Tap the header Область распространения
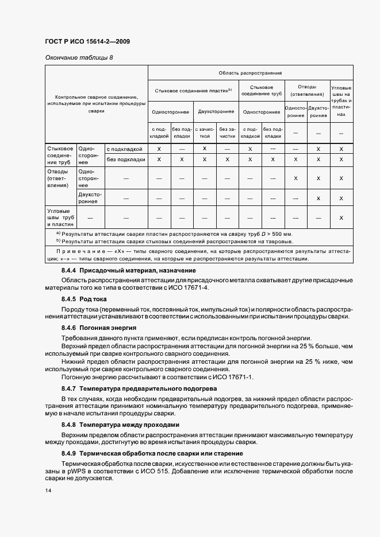pyautogui.click(x=250, y=73)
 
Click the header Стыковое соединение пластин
pyautogui.click(x=193, y=90)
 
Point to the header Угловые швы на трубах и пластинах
pyautogui.click(x=341, y=101)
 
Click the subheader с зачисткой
pyautogui.click(x=204, y=133)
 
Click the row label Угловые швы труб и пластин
pyautogui.click(x=60, y=218)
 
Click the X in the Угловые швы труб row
pyautogui.click(x=341, y=218)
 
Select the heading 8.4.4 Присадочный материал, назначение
pyautogui.click(x=129, y=270)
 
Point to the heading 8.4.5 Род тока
pyautogui.click(x=84, y=299)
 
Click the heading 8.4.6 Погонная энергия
pyautogui.click(x=99, y=328)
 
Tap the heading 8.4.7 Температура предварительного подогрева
pyautogui.click(x=139, y=388)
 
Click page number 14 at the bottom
pyautogui.click(x=48, y=491)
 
